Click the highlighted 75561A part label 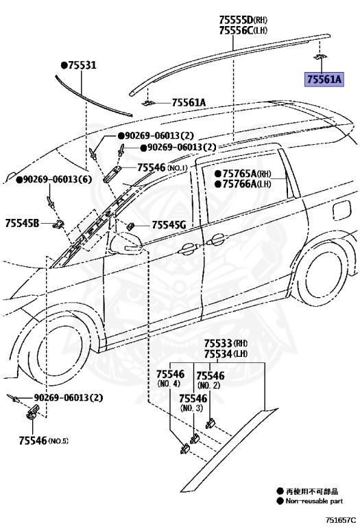324,80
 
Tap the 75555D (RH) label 243,19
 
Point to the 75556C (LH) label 243,30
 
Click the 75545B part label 23,222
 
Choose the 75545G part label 169,224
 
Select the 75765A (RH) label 243,174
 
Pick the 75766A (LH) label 243,184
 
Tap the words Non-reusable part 316,501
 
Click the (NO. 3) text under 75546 192,408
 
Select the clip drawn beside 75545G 130,225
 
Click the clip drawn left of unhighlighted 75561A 147,102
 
